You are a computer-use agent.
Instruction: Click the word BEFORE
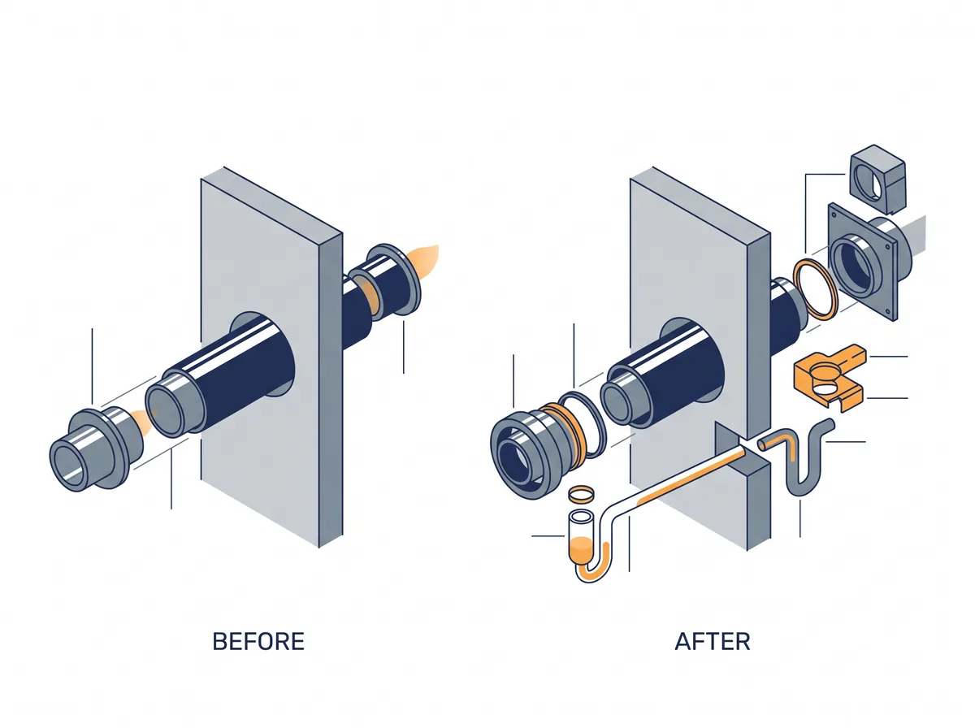pyautogui.click(x=258, y=641)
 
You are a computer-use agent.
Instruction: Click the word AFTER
pyautogui.click(x=713, y=641)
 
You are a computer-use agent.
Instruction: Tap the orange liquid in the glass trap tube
pyautogui.click(x=580, y=548)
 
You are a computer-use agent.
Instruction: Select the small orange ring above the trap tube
pyautogui.click(x=582, y=494)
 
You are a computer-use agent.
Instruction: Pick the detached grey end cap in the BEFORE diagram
pyautogui.click(x=96, y=448)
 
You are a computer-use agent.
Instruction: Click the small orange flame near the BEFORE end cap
pyautogui.click(x=143, y=421)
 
